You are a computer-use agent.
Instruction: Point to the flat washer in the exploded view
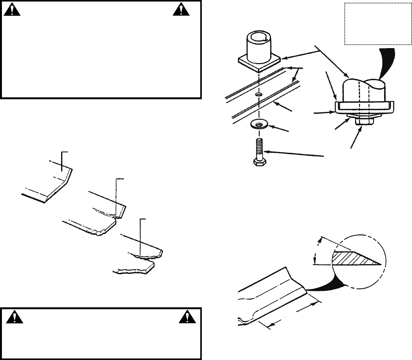(259, 124)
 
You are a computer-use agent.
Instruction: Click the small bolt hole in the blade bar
(259, 94)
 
